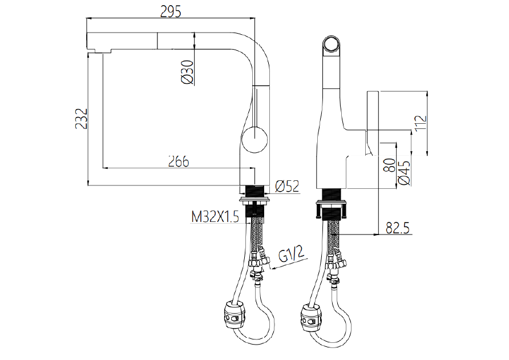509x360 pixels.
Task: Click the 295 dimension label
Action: [x=171, y=11]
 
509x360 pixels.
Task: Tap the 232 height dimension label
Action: [x=81, y=119]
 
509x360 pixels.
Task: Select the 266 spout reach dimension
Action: [x=179, y=161]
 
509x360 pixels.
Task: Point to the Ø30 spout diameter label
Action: [x=188, y=72]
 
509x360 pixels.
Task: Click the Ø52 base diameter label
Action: [x=287, y=187]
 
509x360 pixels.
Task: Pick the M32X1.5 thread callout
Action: [x=215, y=217]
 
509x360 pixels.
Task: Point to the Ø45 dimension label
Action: [x=404, y=173]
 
